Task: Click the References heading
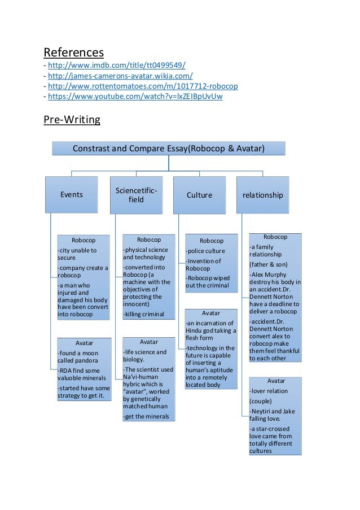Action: point(74,53)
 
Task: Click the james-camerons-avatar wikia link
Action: point(120,76)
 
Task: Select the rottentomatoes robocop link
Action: point(143,86)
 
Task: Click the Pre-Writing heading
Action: point(72,120)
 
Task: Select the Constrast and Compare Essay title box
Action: point(169,149)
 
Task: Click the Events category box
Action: point(72,195)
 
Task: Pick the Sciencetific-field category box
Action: point(136,195)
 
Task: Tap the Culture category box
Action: point(199,195)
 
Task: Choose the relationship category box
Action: point(262,195)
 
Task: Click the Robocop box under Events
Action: point(83,277)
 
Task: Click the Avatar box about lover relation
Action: point(275,415)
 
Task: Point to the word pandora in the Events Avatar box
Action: point(90,360)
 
